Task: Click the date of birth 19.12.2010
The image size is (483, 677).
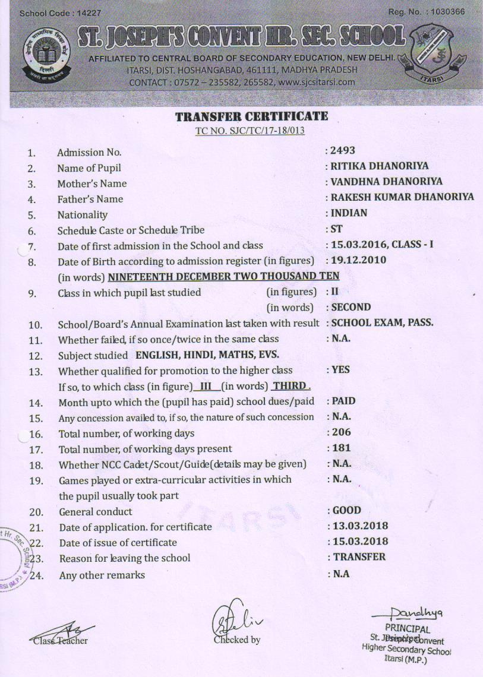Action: (x=358, y=260)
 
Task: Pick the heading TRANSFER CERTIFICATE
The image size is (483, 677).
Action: (x=251, y=116)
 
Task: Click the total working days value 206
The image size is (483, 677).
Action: (x=341, y=432)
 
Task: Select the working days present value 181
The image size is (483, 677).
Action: (x=341, y=448)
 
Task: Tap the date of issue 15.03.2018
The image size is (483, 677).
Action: (x=359, y=541)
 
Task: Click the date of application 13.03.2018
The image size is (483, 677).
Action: (x=359, y=526)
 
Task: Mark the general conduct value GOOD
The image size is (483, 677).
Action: (x=346, y=510)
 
